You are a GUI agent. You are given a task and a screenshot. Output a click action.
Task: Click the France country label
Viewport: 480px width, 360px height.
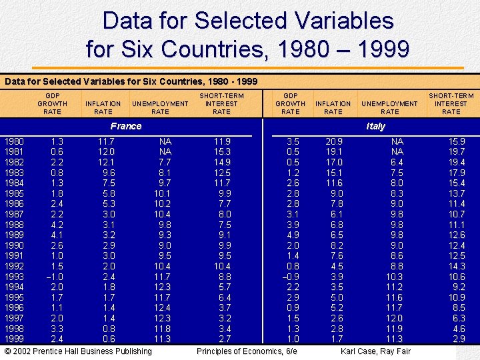pyautogui.click(x=126, y=126)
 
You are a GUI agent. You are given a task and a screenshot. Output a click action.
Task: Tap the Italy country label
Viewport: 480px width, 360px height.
pyautogui.click(x=375, y=126)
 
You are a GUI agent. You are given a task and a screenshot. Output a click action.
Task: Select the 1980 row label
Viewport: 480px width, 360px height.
pyautogui.click(x=15, y=141)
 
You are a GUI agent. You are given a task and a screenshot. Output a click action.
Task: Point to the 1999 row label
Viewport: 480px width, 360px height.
pyautogui.click(x=15, y=339)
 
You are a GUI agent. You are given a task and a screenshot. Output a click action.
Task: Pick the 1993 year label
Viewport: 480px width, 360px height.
pyautogui.click(x=15, y=277)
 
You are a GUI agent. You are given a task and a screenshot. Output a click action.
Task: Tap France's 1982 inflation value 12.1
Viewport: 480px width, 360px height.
pyautogui.click(x=106, y=162)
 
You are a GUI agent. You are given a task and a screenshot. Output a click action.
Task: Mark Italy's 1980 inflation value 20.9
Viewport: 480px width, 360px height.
pyautogui.click(x=334, y=141)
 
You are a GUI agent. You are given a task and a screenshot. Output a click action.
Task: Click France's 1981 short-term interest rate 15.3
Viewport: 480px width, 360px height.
pyautogui.click(x=222, y=152)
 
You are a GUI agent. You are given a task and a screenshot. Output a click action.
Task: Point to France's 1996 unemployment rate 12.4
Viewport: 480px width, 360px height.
pyautogui.click(x=162, y=307)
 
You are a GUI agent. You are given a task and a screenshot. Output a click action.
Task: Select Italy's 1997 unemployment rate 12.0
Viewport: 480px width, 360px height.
pyautogui.click(x=394, y=318)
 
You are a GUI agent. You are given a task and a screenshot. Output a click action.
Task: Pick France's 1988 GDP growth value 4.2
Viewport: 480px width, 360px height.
pyautogui.click(x=57, y=225)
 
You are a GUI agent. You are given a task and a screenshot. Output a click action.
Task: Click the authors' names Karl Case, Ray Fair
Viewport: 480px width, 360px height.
pyautogui.click(x=376, y=351)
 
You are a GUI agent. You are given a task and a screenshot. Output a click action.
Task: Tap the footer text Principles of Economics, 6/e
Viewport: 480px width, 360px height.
pyautogui.click(x=247, y=351)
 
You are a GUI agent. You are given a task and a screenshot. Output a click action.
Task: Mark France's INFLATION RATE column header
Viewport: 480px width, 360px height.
pyautogui.click(x=103, y=107)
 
